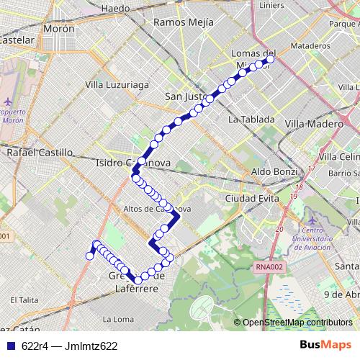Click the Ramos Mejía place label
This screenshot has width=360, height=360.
(184, 22)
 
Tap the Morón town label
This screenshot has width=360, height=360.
(59, 29)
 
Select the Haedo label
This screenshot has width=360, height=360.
(116, 8)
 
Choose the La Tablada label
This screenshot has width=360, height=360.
(251, 120)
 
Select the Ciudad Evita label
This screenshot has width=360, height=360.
(248, 197)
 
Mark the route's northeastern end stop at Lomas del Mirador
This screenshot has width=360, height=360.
(271, 60)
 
